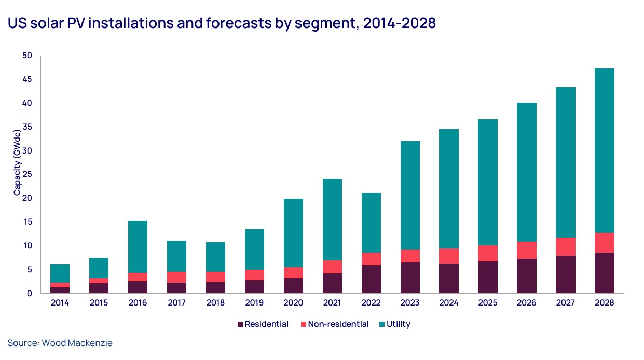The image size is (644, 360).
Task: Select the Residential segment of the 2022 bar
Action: (x=371, y=279)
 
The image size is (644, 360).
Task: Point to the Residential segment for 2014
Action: (x=60, y=290)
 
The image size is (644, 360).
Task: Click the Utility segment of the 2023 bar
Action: (x=409, y=195)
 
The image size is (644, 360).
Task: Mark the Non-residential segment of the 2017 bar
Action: (x=176, y=277)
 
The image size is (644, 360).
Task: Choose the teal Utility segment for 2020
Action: (x=293, y=233)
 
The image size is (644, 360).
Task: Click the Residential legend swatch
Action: (x=240, y=324)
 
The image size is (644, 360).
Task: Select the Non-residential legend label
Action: (x=338, y=324)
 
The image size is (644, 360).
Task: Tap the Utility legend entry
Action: (x=398, y=324)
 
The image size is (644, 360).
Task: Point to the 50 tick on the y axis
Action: (x=27, y=56)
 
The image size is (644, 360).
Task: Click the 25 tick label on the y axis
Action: (x=27, y=174)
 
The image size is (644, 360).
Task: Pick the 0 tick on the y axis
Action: (x=29, y=293)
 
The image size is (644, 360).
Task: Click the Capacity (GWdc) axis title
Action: (x=17, y=162)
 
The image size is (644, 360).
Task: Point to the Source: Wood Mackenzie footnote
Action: (x=60, y=343)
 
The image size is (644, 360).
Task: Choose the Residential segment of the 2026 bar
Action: (x=526, y=276)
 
